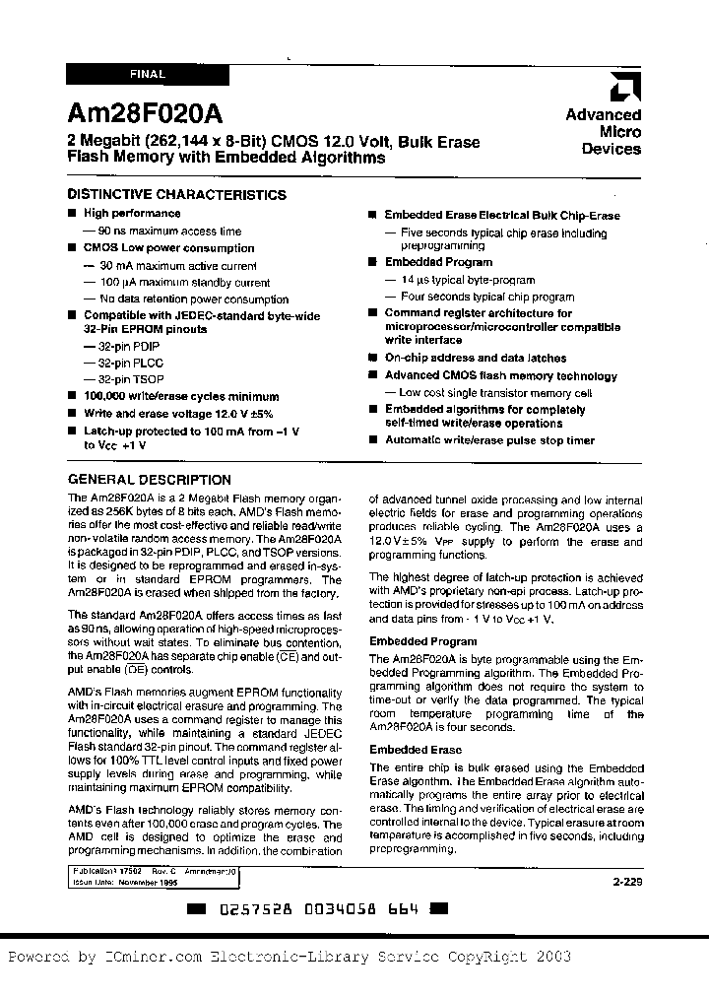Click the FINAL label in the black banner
click(x=147, y=74)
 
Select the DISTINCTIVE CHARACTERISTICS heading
click(x=177, y=195)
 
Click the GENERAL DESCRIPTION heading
click(x=149, y=480)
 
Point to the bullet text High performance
click(x=132, y=213)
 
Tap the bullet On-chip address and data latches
click(x=476, y=359)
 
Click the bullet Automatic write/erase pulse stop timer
click(x=489, y=440)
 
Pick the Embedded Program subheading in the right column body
click(x=410, y=641)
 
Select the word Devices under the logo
click(x=611, y=150)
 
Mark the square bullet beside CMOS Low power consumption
click(x=72, y=248)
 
